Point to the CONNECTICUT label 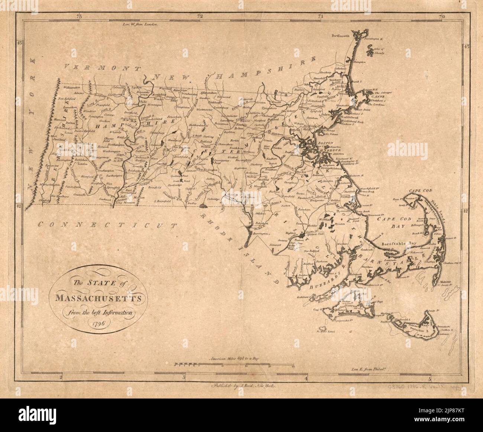tap(108, 224)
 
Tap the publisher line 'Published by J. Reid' tap(242, 387)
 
